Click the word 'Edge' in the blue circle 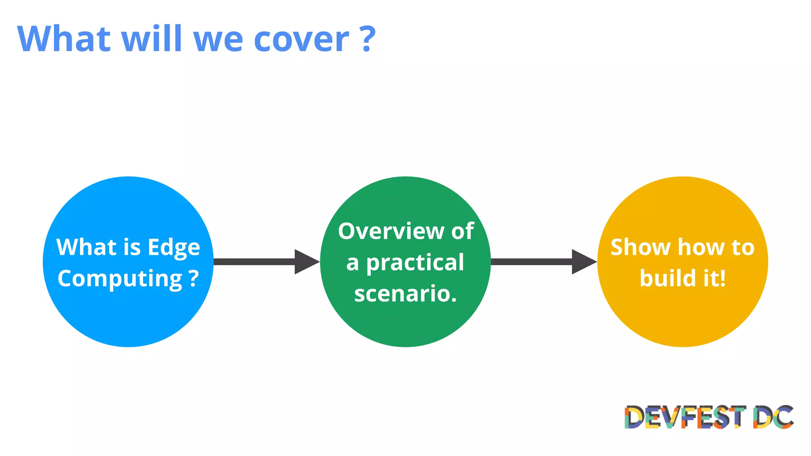coord(174,248)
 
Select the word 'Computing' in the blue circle coord(120,279)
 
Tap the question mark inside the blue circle coord(194,279)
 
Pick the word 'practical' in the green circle coord(415,263)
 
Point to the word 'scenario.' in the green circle coord(405,294)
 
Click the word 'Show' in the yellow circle coord(640,248)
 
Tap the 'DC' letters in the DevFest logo coord(773,417)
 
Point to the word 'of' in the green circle coord(463,231)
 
